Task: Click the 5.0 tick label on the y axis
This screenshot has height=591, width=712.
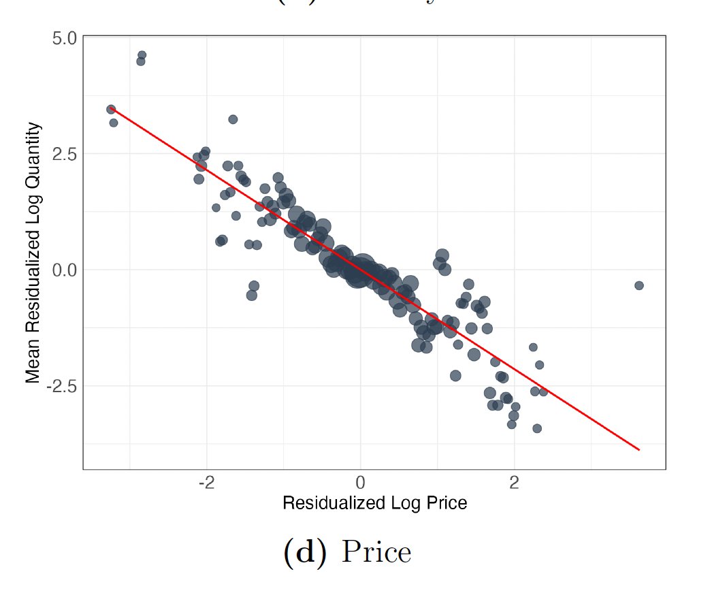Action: pos(65,37)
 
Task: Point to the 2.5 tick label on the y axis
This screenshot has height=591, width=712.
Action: pos(65,154)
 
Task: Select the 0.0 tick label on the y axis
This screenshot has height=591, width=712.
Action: pos(65,270)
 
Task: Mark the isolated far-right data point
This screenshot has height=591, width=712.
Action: pos(638,285)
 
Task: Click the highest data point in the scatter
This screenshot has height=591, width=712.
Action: pos(142,55)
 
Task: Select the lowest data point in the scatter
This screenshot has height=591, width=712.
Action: pos(537,428)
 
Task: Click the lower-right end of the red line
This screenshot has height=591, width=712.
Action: pos(639,449)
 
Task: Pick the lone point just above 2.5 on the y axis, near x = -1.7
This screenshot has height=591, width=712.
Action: pos(233,119)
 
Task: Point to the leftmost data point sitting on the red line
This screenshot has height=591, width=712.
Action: pos(111,109)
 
